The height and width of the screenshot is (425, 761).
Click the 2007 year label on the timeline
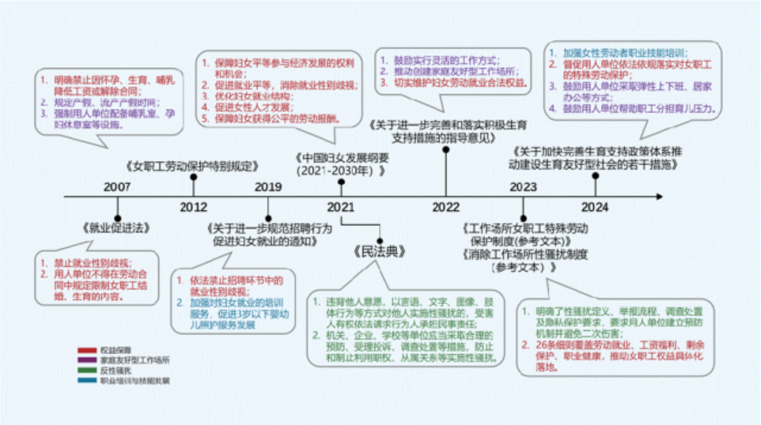[x=117, y=187]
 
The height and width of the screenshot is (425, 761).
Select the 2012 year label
[x=193, y=207]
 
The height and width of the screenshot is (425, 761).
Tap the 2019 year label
[x=268, y=187]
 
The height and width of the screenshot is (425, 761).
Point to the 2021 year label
[x=341, y=207]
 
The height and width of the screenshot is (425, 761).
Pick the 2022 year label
[x=446, y=207]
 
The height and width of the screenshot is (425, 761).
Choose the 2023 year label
[x=523, y=187]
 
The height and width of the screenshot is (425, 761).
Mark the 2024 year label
[x=595, y=207]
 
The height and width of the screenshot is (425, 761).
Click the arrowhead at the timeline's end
[x=659, y=197]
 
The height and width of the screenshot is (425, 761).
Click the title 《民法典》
[x=379, y=252]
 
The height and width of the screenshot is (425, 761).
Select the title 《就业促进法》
[x=117, y=228]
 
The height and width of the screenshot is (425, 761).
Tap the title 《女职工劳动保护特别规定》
[x=192, y=166]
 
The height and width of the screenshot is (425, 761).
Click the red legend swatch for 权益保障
[x=87, y=350]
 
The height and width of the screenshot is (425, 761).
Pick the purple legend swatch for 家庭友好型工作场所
[x=87, y=360]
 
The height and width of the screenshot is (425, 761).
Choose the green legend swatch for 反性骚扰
[x=87, y=370]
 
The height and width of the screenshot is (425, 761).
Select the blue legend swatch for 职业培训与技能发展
[x=87, y=381]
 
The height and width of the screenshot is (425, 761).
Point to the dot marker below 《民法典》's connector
[x=380, y=241]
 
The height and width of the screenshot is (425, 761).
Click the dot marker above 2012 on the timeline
[x=194, y=177]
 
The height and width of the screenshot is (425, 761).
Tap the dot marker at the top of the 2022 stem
[x=446, y=150]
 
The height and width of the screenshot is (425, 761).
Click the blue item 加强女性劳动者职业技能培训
[x=625, y=53]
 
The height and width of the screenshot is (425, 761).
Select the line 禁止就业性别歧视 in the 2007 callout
[x=93, y=263]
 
